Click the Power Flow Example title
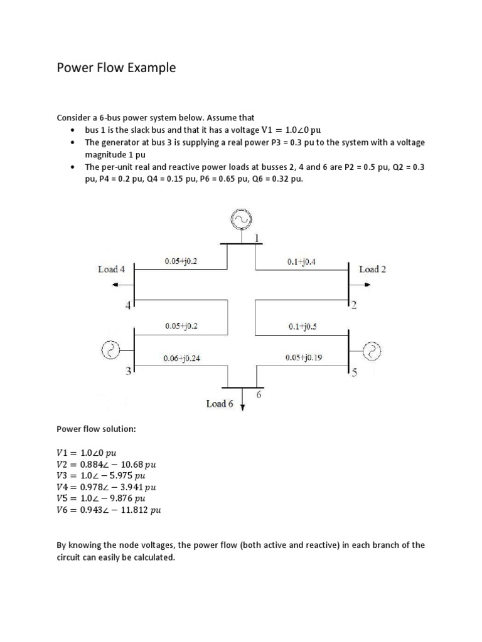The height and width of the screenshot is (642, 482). (116, 68)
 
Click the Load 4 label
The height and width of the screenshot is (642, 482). (111, 269)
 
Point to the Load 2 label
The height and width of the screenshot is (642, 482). (372, 269)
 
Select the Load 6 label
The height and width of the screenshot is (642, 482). (220, 404)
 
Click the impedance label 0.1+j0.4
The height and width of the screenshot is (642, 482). (301, 262)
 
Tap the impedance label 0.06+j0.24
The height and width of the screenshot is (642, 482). (181, 359)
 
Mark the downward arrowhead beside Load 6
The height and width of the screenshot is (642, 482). (243, 406)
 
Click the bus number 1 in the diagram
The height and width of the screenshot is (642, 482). (257, 237)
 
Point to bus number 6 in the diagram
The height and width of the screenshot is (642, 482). (258, 395)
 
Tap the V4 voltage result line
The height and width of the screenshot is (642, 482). (106, 487)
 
